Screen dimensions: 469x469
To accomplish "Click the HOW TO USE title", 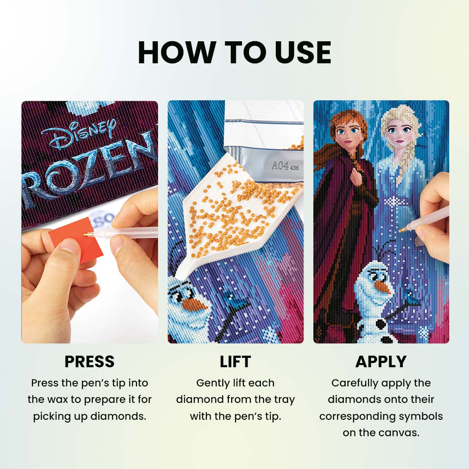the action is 234,53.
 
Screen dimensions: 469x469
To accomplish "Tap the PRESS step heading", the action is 90,361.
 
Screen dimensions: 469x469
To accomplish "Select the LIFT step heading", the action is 235,361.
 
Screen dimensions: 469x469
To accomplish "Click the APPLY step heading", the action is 381,361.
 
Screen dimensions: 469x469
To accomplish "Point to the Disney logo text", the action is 78,134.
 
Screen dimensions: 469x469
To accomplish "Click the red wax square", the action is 76,239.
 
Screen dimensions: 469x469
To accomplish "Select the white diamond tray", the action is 236,215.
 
